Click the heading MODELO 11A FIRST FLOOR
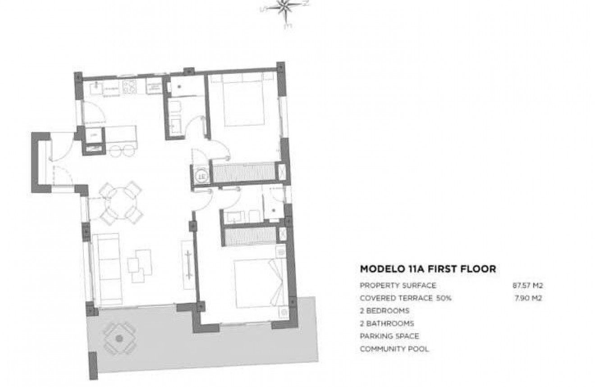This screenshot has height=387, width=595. pos(428,269)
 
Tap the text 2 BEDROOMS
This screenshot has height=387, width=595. pos(384,310)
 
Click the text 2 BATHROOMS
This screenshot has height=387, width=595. pos(387,323)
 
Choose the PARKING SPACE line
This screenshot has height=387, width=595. pos(389,336)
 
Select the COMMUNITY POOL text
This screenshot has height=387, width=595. pos(394,348)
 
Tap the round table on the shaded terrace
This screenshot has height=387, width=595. pos(119,337)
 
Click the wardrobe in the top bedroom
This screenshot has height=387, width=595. pos(243,172)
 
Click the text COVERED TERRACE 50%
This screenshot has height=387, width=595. pos(406,298)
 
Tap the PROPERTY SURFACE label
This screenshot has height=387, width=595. pos(398,285)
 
